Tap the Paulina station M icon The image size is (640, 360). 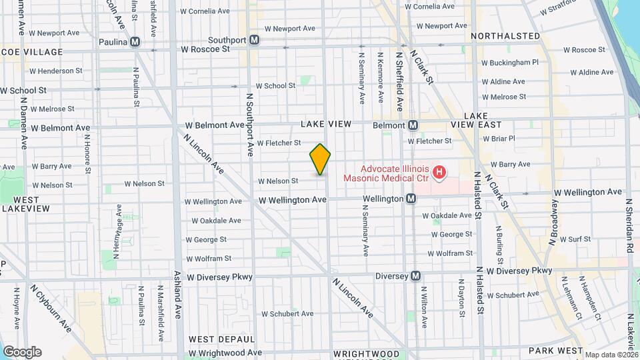[x=136, y=42]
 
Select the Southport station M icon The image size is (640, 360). [x=254, y=40]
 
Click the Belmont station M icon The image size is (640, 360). [x=413, y=125]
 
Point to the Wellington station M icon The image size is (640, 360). [x=411, y=199]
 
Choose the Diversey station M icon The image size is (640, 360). [x=416, y=276]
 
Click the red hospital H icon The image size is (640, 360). [x=439, y=173]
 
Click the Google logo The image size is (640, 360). [x=21, y=352]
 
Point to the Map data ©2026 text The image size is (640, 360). [x=611, y=355]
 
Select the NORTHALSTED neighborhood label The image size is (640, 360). [x=505, y=35]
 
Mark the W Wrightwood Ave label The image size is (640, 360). [x=225, y=353]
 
